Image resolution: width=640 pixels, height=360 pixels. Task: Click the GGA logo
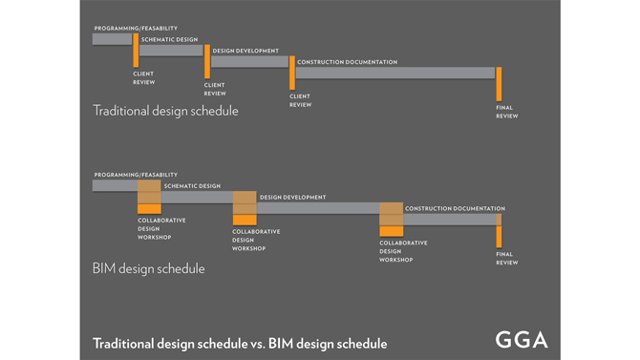pyautogui.click(x=522, y=340)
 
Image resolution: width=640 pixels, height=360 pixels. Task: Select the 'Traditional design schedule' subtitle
pyautogui.click(x=165, y=111)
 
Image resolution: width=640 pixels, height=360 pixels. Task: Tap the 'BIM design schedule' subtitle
pyautogui.click(x=149, y=268)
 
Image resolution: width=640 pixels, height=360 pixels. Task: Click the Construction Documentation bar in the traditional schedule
pyautogui.click(x=395, y=74)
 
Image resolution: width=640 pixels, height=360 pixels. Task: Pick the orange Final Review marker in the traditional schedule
pyautogui.click(x=499, y=84)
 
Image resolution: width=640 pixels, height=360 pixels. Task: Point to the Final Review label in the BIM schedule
pyautogui.click(x=507, y=259)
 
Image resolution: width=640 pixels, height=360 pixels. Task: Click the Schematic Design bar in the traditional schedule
pyautogui.click(x=171, y=51)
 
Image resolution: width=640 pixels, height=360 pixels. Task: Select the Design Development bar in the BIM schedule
pyautogui.click(x=318, y=208)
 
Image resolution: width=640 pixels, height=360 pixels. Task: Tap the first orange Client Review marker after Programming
pyautogui.click(x=136, y=51)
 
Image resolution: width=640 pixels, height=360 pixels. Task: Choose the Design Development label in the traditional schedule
pyautogui.click(x=245, y=51)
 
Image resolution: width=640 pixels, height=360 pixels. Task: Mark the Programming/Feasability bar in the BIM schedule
pyautogui.click(x=115, y=185)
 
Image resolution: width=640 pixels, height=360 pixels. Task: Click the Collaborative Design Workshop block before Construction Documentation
pyautogui.click(x=392, y=220)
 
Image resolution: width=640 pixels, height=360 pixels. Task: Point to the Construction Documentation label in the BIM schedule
pyautogui.click(x=455, y=208)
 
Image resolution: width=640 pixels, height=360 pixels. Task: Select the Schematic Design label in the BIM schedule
pyautogui.click(x=192, y=185)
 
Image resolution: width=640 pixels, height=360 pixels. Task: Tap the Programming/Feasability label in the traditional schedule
pyautogui.click(x=136, y=28)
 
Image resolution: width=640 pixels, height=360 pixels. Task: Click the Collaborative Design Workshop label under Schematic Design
pyautogui.click(x=161, y=228)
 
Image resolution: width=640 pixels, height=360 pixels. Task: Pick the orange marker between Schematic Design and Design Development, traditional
pyautogui.click(x=207, y=62)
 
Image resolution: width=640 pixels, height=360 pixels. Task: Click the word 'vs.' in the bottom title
pyautogui.click(x=257, y=344)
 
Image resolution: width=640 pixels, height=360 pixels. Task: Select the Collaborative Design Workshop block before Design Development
pyautogui.click(x=245, y=208)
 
